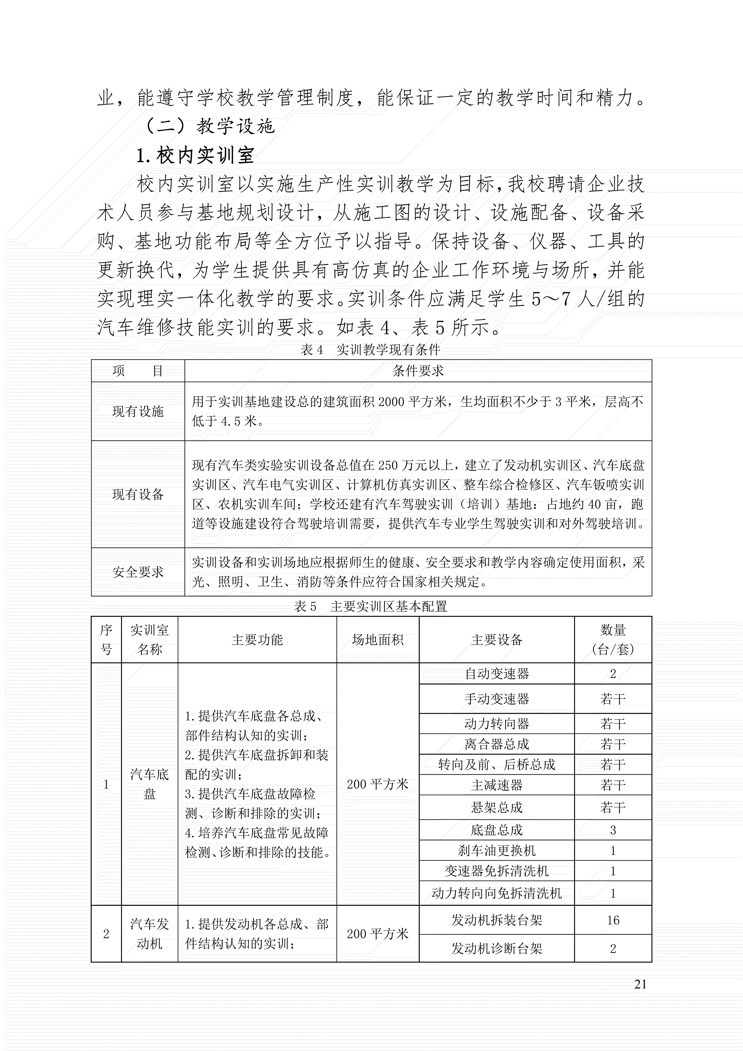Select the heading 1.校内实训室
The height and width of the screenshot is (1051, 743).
coord(195,156)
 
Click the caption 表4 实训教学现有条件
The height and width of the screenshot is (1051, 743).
coord(370,350)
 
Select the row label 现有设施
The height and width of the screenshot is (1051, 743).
coord(138,412)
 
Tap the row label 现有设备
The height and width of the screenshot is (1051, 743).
coord(138,494)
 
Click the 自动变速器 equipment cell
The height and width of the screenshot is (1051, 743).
coord(497,673)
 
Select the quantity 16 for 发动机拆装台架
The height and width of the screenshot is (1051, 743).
coord(613,920)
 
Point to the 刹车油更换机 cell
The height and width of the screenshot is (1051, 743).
coord(497,851)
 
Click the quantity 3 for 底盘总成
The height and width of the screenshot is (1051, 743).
coord(613,830)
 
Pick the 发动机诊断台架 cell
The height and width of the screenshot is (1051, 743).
coord(497,949)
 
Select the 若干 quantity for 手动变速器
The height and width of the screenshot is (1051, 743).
coord(613,699)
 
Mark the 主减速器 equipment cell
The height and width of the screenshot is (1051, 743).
coord(497,786)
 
